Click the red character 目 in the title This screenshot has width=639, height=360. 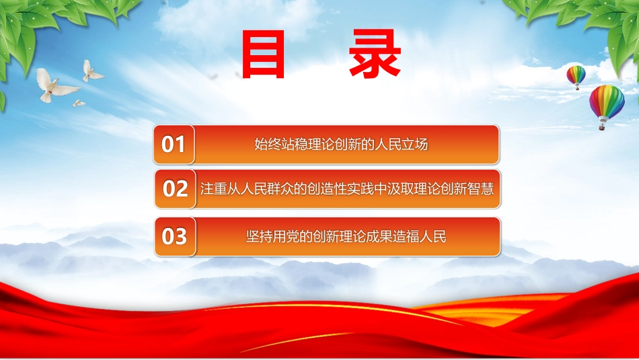(x=263, y=55)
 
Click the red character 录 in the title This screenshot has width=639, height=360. (x=375, y=53)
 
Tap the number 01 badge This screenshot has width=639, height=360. (x=174, y=144)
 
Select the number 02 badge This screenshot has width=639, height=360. (x=175, y=189)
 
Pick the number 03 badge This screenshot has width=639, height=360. (x=175, y=236)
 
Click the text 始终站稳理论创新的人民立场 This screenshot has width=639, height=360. (x=341, y=144)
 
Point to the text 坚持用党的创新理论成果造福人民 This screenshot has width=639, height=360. (x=346, y=236)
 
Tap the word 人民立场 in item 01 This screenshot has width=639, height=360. (x=401, y=144)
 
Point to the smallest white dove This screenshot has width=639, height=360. (x=79, y=104)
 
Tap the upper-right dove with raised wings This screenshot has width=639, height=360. (x=92, y=71)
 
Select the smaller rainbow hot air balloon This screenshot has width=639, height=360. (x=576, y=77)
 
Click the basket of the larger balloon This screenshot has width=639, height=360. (x=601, y=127)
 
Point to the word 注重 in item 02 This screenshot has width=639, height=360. (x=213, y=189)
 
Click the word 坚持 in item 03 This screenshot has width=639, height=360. (x=259, y=236)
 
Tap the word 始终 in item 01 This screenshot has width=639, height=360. (x=268, y=144)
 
